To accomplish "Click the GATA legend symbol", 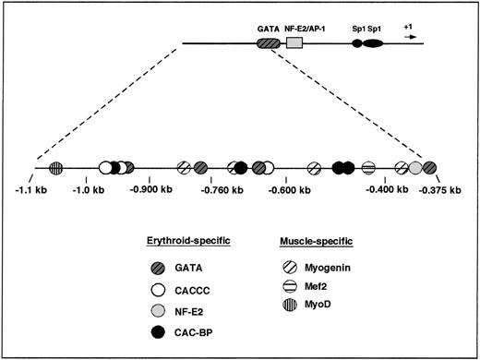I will click(x=157, y=270).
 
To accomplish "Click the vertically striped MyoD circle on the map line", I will click(x=56, y=168).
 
